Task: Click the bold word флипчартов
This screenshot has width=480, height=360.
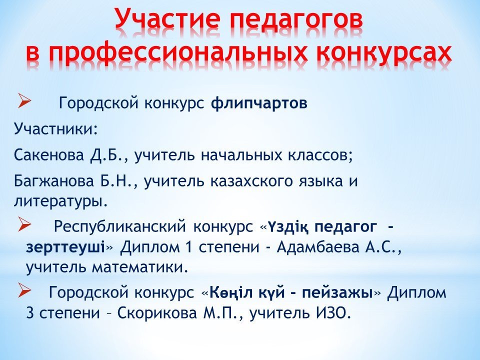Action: (x=259, y=104)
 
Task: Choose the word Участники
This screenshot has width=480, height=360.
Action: (x=55, y=129)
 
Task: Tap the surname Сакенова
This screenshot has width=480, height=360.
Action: (x=48, y=155)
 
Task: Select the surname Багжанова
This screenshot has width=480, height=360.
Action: (x=53, y=181)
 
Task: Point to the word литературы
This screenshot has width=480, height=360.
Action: (x=60, y=201)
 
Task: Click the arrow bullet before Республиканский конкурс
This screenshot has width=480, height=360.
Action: (x=24, y=224)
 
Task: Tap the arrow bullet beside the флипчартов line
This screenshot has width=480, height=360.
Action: (x=24, y=101)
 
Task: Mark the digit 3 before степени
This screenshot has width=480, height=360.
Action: (x=30, y=313)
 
